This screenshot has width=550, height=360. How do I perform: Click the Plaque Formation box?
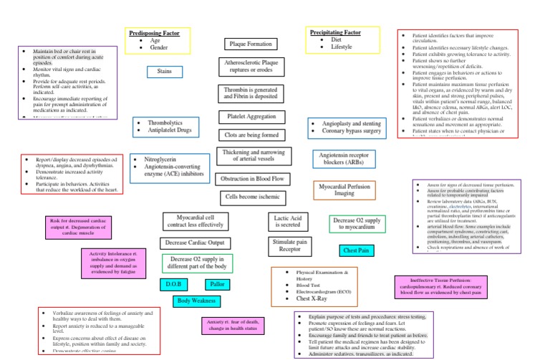click(250, 44)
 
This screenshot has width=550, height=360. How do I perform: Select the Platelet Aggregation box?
click(251, 116)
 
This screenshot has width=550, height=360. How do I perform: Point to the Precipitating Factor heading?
click(335, 33)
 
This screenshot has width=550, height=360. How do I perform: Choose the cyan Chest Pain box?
click(356, 251)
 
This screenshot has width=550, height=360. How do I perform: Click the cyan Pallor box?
click(218, 284)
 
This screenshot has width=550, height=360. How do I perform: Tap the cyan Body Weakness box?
click(197, 301)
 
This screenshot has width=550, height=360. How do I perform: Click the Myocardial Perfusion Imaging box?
click(344, 190)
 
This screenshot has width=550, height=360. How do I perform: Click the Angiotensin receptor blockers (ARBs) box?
click(344, 158)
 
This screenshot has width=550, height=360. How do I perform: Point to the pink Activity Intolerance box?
click(118, 263)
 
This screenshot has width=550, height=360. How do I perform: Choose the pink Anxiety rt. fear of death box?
click(233, 326)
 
